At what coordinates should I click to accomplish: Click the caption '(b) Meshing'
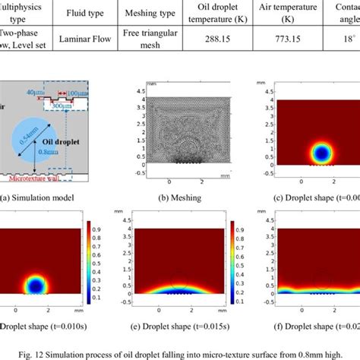175,199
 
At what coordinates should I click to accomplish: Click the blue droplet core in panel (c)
323,154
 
